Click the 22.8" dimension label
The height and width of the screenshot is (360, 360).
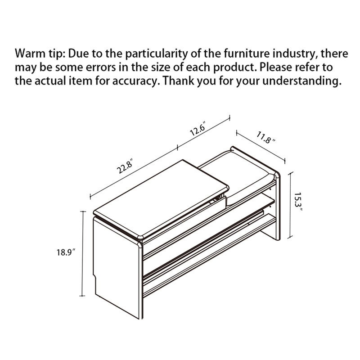(125, 166)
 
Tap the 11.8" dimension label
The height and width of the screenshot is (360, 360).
(265, 137)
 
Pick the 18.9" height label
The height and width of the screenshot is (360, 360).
(66, 252)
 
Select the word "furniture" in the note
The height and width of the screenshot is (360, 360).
(247, 54)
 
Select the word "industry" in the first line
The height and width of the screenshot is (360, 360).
(295, 54)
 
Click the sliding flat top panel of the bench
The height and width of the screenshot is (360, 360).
(161, 198)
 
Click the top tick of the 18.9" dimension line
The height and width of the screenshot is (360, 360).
(83, 211)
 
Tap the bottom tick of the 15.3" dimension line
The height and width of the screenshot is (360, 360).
(290, 237)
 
